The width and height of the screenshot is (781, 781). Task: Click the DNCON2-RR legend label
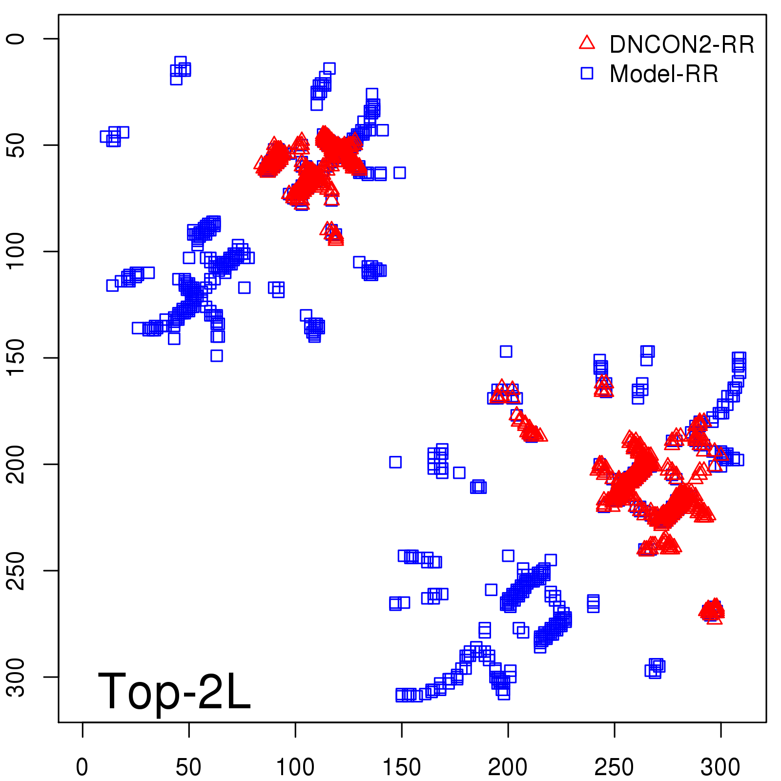tap(681, 45)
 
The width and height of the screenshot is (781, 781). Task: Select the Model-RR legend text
tap(664, 74)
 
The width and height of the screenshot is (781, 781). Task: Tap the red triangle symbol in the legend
tap(587, 43)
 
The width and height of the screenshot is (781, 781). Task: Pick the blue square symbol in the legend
tap(587, 73)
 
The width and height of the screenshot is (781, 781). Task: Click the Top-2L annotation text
tap(174, 691)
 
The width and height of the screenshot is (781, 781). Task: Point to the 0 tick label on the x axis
tap(82, 767)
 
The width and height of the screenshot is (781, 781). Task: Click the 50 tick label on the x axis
tap(189, 767)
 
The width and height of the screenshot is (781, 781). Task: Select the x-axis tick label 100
tap(295, 767)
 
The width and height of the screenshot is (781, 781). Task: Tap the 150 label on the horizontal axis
tap(402, 767)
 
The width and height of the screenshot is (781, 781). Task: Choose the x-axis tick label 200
tap(508, 767)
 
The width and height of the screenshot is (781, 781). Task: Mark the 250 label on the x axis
tap(615, 767)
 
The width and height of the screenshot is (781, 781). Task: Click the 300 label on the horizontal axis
tap(721, 767)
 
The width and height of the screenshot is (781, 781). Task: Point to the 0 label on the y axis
tap(16, 39)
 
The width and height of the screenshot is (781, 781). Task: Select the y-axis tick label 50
tap(16, 145)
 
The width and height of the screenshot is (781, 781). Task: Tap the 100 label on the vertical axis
tap(16, 251)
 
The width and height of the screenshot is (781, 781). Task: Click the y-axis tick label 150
tap(16, 358)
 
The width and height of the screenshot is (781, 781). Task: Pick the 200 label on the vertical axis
tap(16, 464)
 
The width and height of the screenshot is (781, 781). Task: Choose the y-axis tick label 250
tap(16, 571)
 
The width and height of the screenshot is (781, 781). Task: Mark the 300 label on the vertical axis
tap(16, 677)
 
